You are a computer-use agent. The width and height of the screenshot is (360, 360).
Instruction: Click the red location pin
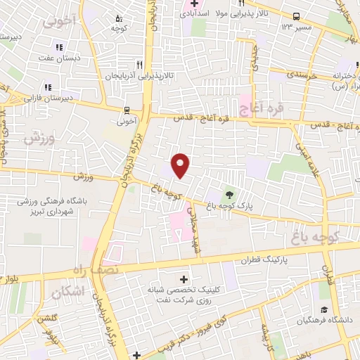point(181,164)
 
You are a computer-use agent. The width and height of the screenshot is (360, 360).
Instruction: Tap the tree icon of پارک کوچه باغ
point(229,193)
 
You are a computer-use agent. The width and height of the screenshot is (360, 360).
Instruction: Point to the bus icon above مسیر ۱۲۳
point(297,16)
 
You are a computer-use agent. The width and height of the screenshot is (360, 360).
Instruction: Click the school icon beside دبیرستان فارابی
point(48,87)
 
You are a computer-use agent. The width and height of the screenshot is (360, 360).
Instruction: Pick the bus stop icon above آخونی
point(127,110)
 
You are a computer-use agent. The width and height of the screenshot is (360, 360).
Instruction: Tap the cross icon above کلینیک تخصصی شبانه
point(184,279)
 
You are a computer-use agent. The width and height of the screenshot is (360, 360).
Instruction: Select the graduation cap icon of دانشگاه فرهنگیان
point(324,310)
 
